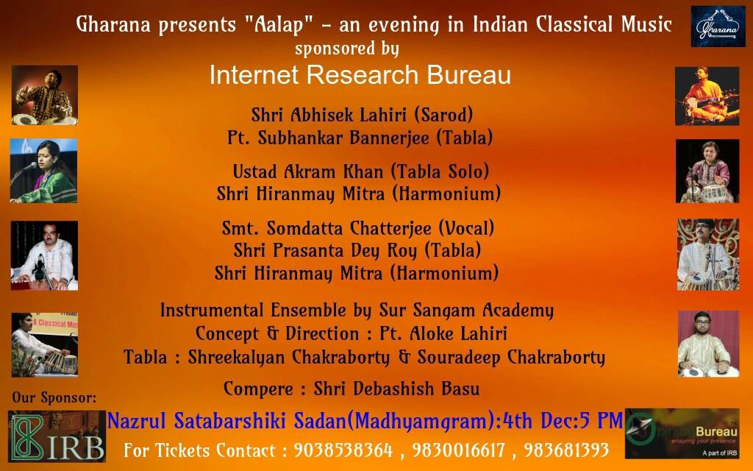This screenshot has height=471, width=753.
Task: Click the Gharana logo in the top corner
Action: click(718, 26)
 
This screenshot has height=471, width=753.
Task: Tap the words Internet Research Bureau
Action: click(360, 75)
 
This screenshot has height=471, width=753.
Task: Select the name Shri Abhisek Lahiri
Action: click(329, 115)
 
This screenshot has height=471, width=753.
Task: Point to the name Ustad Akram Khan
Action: click(308, 171)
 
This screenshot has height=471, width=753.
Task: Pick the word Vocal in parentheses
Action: click(466, 228)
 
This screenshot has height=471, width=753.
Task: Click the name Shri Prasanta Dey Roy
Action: click(325, 250)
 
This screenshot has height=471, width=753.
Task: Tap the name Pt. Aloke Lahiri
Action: click(443, 333)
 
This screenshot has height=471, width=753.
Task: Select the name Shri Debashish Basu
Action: click(396, 389)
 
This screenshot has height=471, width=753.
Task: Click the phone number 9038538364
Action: click(343, 450)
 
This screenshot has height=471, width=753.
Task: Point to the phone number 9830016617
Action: click(459, 450)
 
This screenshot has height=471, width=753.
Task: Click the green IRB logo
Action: click(57, 436)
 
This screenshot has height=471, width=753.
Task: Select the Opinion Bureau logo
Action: click(682, 433)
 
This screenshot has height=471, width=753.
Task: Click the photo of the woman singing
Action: click(43, 171)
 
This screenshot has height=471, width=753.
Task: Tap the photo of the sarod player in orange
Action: click(707, 96)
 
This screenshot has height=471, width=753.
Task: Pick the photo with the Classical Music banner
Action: click(45, 344)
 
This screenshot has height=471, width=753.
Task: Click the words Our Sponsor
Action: click(54, 398)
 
